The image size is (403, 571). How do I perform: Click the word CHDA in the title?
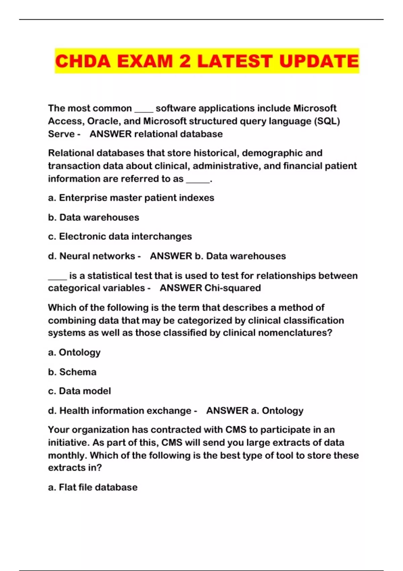point(83,61)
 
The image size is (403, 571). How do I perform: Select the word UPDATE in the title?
point(319,61)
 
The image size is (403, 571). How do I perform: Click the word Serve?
point(61,134)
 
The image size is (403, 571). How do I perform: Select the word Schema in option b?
point(78,372)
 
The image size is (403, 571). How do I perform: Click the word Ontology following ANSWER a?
point(282,411)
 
